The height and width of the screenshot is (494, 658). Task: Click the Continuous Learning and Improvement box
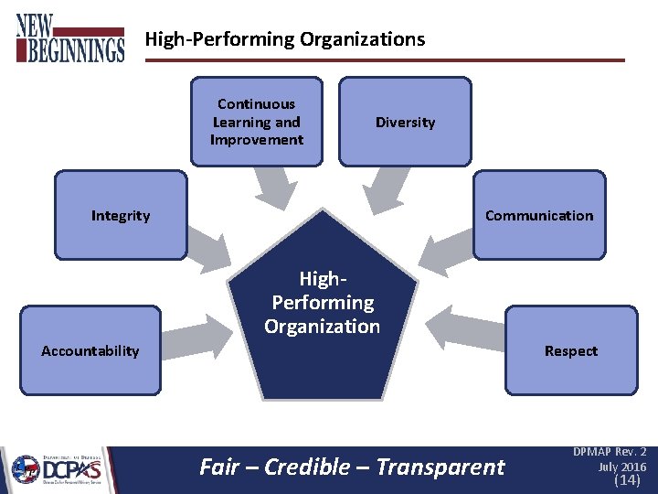coord(257,122)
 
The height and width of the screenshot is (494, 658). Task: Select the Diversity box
coord(405,122)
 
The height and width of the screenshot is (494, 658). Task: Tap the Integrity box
coord(121,216)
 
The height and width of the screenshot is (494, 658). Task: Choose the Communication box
coord(539,216)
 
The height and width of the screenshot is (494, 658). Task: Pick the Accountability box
coord(90,350)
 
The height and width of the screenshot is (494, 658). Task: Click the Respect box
coord(571,350)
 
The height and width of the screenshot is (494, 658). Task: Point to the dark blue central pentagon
coord(323,311)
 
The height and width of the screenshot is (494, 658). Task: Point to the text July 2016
coord(622,467)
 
